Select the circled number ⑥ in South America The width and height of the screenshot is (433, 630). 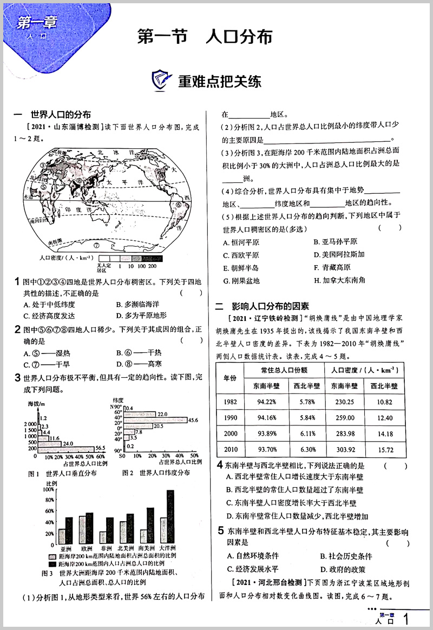(x=178, y=204)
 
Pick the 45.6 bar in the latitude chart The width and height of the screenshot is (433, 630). (x=155, y=420)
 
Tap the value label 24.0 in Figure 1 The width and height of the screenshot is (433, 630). (x=68, y=443)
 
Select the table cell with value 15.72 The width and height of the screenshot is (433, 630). (x=384, y=449)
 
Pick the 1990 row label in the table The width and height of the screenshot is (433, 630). (x=229, y=418)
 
